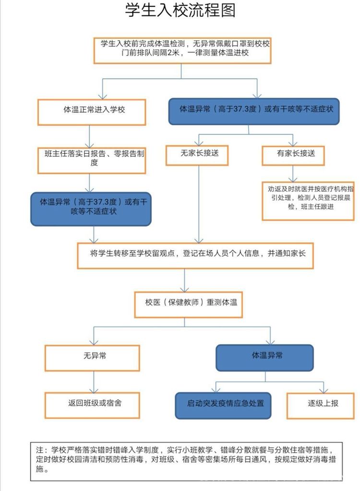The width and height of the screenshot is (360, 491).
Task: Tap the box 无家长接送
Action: click(197, 154)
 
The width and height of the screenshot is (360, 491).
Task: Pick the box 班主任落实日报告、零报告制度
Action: click(92, 158)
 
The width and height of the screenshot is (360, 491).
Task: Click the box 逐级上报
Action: click(323, 403)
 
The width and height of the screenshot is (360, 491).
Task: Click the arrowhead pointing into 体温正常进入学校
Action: click(103, 96)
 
